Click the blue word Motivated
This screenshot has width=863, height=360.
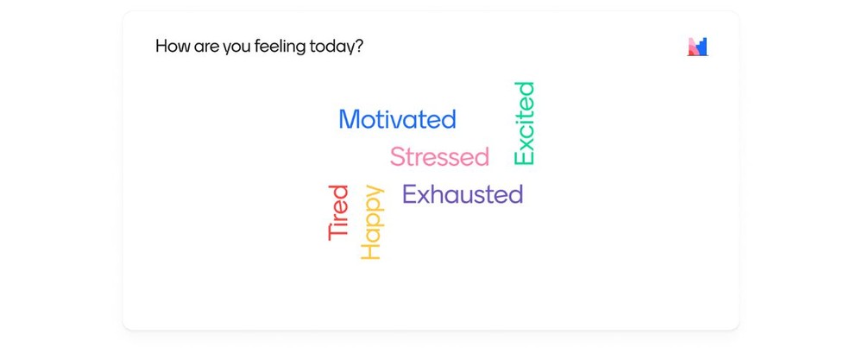coord(397,119)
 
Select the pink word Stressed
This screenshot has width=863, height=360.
coord(440,157)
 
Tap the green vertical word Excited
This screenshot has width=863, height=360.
coord(524,123)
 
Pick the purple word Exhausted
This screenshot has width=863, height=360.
coord(463,194)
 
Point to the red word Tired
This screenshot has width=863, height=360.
coord(338,212)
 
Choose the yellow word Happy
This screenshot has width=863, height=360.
coord(371,222)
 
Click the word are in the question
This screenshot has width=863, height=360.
coord(206,47)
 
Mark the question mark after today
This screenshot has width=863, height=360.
coord(360,46)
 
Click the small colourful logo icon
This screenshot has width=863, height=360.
coord(697,47)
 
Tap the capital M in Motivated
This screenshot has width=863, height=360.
coord(350,119)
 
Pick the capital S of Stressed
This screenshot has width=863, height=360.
coord(398,157)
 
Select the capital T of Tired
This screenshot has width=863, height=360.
coord(338,233)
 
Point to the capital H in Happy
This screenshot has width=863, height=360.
coord(370,251)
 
